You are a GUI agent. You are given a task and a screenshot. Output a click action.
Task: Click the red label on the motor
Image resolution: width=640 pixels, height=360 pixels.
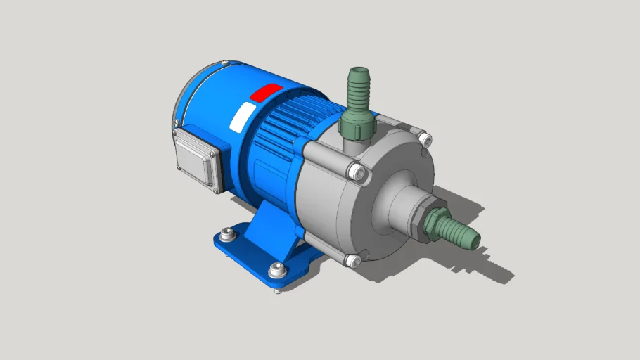[267, 92]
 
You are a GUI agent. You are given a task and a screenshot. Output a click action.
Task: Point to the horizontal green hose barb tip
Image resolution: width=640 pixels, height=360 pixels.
[464, 235]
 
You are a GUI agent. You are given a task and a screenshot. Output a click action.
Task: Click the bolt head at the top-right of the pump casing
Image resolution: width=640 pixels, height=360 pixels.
[424, 140]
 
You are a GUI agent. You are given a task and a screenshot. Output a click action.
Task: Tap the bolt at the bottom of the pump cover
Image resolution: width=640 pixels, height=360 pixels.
[353, 262]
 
